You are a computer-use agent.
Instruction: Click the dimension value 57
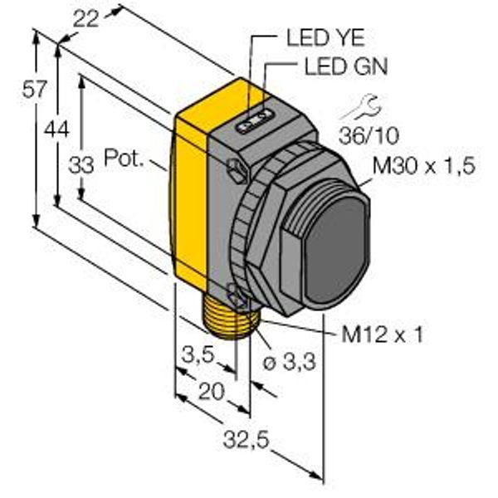(34, 90)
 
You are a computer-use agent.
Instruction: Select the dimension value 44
(56, 129)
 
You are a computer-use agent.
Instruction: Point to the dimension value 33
(81, 165)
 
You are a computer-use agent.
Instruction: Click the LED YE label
(325, 37)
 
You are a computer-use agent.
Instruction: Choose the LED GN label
(346, 66)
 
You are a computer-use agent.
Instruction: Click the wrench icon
(360, 107)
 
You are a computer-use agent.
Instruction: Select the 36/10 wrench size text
(369, 135)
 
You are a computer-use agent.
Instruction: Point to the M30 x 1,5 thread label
(423, 166)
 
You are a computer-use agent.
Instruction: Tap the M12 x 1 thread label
(382, 334)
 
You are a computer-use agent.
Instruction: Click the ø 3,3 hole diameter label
(290, 362)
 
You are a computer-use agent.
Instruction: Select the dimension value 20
(211, 391)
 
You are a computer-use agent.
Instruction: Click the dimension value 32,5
(247, 440)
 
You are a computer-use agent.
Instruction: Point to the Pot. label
(124, 158)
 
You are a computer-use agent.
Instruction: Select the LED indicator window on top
(255, 121)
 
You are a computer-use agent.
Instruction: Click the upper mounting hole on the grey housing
(237, 170)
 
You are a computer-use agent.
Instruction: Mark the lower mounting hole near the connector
(237, 296)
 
